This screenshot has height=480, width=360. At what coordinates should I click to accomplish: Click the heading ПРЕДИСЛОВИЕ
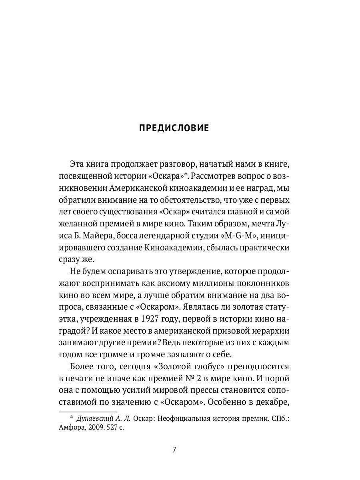coord(174,128)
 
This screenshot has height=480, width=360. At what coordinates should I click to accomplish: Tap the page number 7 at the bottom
coord(174,449)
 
